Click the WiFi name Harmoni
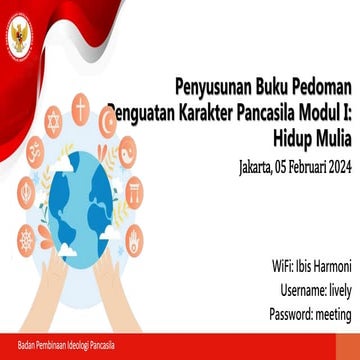330,267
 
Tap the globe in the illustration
84,195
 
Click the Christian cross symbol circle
80,105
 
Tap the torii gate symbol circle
133,190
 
